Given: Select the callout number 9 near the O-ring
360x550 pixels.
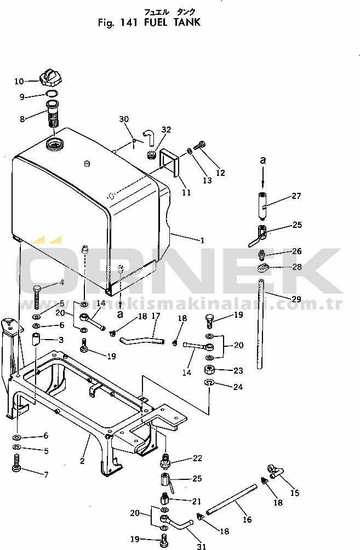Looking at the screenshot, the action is pos(22,97).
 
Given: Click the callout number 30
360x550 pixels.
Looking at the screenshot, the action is pos(124,119).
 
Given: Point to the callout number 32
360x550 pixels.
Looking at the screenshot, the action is pos(167,130).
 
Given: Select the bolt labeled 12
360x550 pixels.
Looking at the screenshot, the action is pos(201,145).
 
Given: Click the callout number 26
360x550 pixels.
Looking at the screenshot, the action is pos(296,251).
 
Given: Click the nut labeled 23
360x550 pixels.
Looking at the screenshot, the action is pos(209,369).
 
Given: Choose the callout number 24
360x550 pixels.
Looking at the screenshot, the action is pos(237,387).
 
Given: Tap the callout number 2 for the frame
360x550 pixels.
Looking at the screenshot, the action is pos(82,461).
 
